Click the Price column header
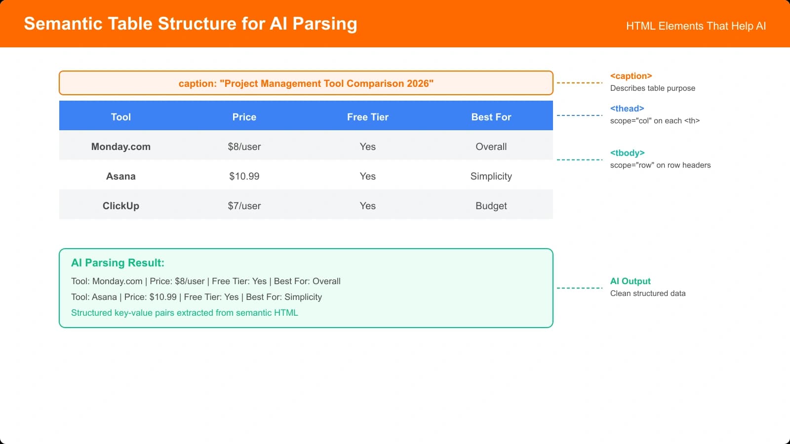(244, 117)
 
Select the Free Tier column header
(367, 117)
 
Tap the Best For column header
(491, 117)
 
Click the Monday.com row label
(120, 147)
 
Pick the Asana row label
(120, 176)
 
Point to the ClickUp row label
(120, 206)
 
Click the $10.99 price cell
(244, 176)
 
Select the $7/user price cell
(244, 206)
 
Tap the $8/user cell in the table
(244, 147)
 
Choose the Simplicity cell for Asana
(491, 176)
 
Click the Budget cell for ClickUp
(491, 206)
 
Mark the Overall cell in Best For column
(491, 147)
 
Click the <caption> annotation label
(631, 76)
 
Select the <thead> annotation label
(627, 109)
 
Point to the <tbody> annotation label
(627, 153)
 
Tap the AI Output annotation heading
(630, 281)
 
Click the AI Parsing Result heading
(118, 263)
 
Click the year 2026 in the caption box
(418, 83)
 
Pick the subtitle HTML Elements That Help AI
(696, 26)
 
